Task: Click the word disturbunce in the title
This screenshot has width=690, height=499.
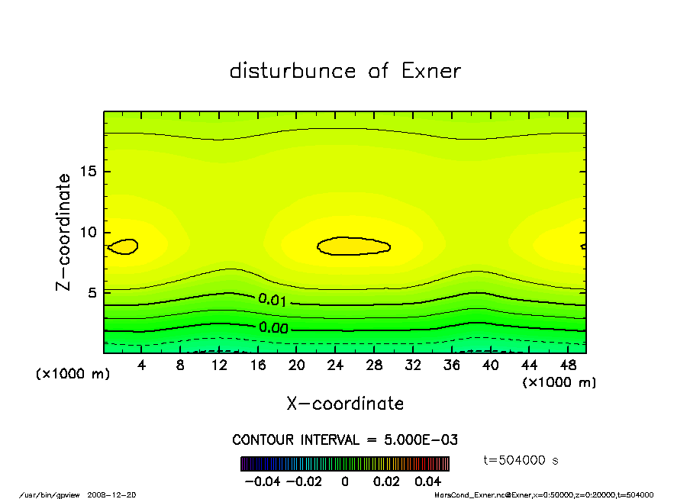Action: click(293, 71)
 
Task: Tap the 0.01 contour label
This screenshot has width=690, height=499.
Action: click(272, 300)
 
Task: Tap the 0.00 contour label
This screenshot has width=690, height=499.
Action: click(272, 327)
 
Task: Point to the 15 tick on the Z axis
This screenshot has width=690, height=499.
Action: click(89, 172)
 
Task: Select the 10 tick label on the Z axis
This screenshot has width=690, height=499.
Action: click(89, 232)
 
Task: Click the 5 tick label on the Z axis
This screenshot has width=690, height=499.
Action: click(92, 292)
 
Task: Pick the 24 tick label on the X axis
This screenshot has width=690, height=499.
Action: click(335, 365)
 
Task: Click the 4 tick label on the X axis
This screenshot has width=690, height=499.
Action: click(142, 365)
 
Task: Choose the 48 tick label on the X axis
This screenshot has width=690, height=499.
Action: click(567, 365)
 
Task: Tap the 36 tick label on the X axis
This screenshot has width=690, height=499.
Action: click(451, 365)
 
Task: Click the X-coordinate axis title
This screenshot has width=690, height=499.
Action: click(345, 404)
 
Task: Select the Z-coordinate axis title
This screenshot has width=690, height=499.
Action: click(63, 232)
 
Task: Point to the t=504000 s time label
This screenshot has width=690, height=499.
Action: click(522, 460)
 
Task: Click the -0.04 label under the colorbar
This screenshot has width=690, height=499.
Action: click(263, 481)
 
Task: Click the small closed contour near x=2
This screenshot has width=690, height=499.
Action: click(123, 246)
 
